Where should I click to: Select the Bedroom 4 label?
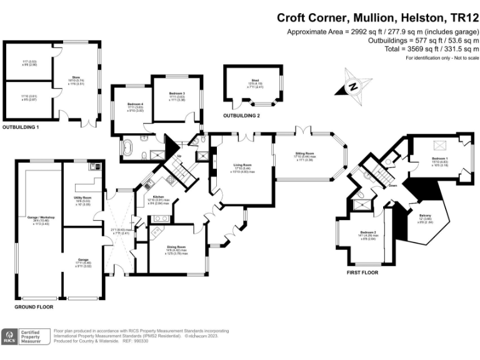136,104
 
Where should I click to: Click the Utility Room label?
83,183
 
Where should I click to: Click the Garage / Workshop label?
41,217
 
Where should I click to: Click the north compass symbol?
352,87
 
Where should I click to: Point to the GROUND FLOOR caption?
34,307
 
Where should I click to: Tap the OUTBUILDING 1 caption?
21,127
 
